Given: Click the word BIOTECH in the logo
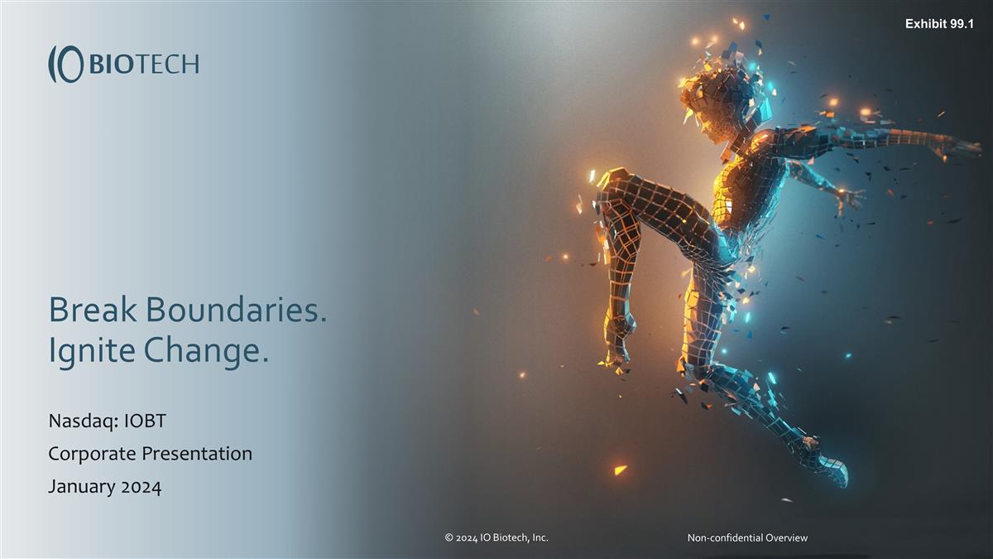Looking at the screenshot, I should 143,64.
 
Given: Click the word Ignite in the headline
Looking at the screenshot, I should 92,352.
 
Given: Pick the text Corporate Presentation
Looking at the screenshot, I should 150,454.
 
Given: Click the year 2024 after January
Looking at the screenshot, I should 141,486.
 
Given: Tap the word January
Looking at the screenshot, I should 82,486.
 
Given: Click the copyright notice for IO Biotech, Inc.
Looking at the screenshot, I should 496,537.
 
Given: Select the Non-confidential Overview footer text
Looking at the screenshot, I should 747,537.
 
